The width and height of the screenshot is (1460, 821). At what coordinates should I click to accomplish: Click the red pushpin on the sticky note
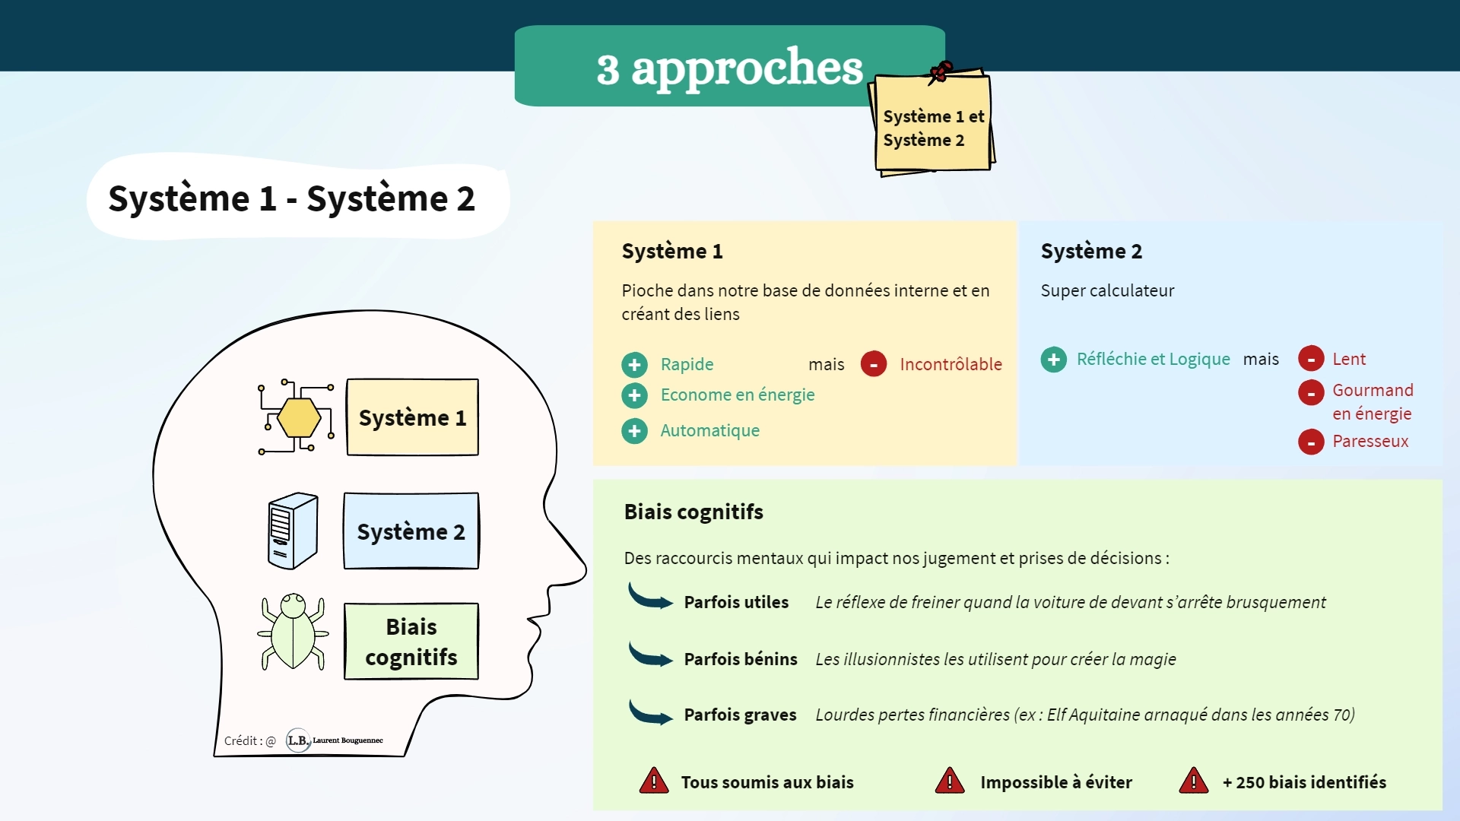pyautogui.click(x=941, y=71)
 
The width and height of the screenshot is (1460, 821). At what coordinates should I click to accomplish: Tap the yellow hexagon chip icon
pyautogui.click(x=298, y=418)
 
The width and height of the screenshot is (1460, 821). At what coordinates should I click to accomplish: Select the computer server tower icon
pyautogui.click(x=293, y=531)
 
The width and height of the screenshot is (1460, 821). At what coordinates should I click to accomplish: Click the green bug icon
pyautogui.click(x=294, y=632)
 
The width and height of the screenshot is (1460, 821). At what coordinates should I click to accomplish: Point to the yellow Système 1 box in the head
pyautogui.click(x=412, y=417)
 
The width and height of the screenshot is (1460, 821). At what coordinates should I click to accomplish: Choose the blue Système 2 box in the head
pyautogui.click(x=411, y=531)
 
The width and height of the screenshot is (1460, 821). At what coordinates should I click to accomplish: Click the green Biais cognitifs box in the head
pyautogui.click(x=411, y=641)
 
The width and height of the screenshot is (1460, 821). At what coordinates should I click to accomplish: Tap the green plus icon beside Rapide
pyautogui.click(x=634, y=365)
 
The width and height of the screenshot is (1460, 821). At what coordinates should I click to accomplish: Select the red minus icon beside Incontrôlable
pyautogui.click(x=874, y=364)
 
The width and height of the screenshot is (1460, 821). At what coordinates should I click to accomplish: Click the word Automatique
pyautogui.click(x=709, y=430)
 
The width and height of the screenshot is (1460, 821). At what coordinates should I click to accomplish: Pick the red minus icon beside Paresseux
pyautogui.click(x=1311, y=442)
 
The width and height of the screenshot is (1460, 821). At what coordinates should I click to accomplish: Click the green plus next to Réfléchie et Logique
pyautogui.click(x=1053, y=360)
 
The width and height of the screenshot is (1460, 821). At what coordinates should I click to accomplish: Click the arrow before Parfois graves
pyautogui.click(x=650, y=712)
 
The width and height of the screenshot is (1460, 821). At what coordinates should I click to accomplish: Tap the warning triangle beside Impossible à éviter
pyautogui.click(x=950, y=781)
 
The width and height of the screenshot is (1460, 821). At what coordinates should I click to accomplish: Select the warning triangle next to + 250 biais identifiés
pyautogui.click(x=1194, y=781)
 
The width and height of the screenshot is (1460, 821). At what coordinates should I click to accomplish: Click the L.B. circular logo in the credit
pyautogui.click(x=297, y=740)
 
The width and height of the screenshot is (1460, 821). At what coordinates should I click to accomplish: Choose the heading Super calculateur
pyautogui.click(x=1107, y=290)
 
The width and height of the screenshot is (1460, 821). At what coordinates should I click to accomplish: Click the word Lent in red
pyautogui.click(x=1349, y=359)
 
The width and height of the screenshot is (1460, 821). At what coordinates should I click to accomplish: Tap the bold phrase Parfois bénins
pyautogui.click(x=741, y=659)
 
